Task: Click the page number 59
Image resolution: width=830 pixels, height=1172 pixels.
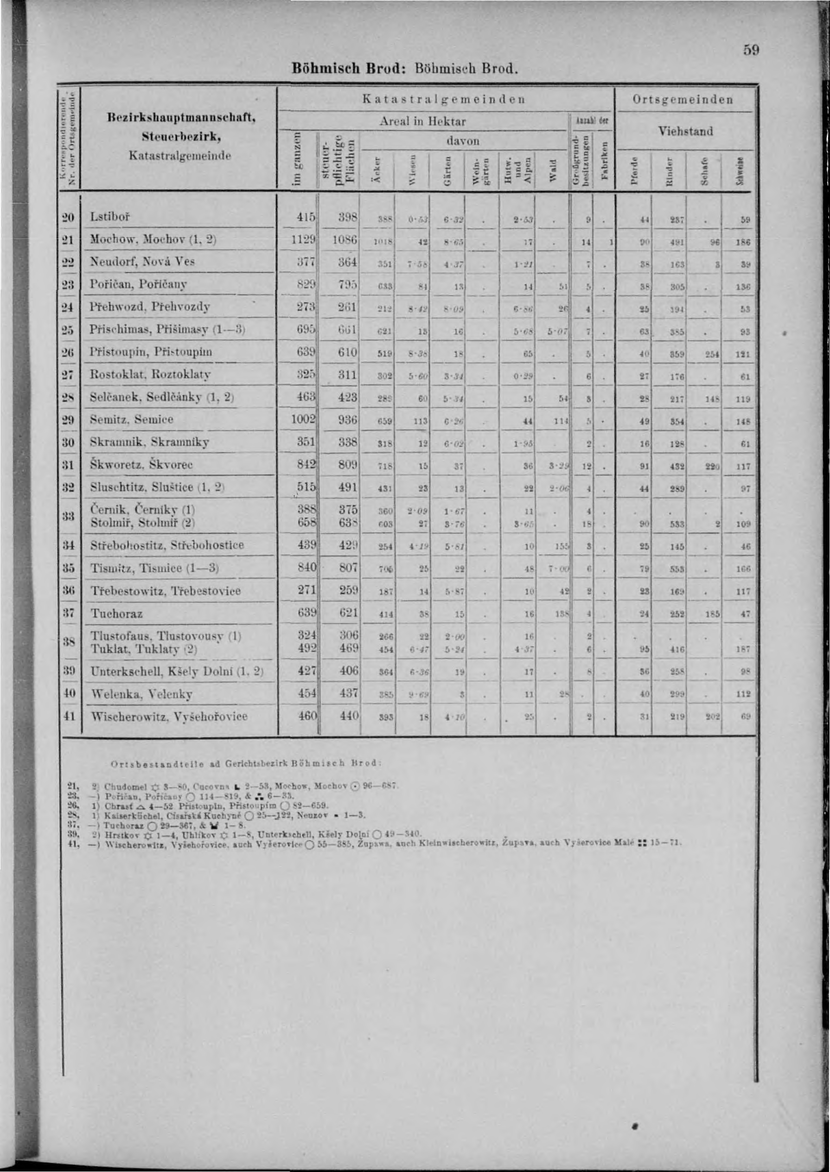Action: (751, 50)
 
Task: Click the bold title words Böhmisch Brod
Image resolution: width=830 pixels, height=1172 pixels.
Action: (349, 68)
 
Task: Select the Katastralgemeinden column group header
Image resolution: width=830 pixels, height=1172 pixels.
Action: (444, 99)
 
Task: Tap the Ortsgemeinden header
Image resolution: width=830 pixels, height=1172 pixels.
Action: (683, 99)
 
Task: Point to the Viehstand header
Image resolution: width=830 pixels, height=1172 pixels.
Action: (685, 131)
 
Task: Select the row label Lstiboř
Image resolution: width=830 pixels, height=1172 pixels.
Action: (110, 217)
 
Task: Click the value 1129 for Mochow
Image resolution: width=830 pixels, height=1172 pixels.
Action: (303, 239)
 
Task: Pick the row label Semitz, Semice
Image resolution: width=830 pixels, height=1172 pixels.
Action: (131, 419)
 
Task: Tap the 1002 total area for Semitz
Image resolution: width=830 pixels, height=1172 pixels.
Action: (304, 419)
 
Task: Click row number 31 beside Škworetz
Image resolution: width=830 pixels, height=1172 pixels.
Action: (69, 465)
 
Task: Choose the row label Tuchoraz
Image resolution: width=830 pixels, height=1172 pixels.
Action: (116, 613)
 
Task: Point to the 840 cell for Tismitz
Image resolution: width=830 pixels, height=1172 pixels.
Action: (307, 567)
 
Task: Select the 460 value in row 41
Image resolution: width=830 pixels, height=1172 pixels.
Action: (307, 716)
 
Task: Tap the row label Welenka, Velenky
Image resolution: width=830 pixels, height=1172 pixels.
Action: (141, 693)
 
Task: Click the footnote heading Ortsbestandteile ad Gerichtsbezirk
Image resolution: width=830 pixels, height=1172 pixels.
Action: (245, 763)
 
